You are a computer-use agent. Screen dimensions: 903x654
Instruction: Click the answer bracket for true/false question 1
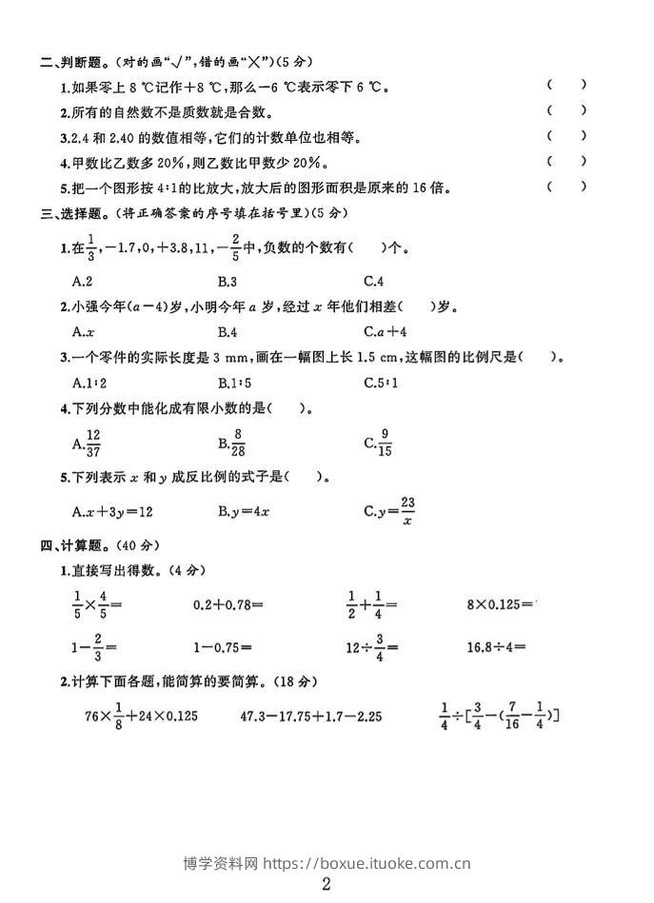tap(566, 85)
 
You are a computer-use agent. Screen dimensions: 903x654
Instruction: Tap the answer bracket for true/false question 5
tap(566, 186)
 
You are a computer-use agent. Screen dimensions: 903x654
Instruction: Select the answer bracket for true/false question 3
tap(566, 135)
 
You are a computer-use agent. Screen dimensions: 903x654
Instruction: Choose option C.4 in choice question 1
tap(373, 281)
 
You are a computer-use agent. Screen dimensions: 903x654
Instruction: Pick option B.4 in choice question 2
tap(227, 331)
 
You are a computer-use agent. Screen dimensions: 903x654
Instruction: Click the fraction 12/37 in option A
tap(93, 442)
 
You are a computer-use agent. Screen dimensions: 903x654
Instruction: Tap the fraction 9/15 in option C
tap(385, 442)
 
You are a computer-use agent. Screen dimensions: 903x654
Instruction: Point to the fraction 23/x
tap(407, 511)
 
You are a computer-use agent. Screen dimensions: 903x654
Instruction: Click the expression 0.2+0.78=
tap(228, 603)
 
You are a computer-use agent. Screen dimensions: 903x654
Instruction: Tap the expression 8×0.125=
tap(501, 603)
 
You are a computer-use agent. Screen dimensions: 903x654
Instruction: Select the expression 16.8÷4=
tap(496, 647)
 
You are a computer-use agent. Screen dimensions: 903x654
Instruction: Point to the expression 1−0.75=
tap(222, 647)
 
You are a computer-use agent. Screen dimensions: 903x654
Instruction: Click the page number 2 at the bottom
tap(327, 884)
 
